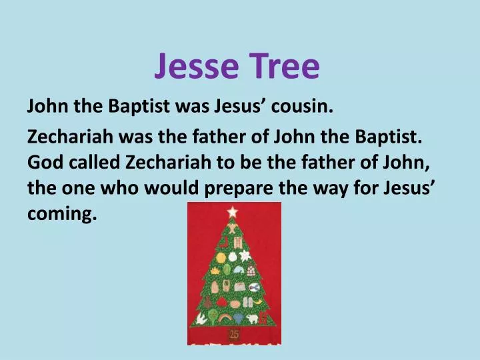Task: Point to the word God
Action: click(x=43, y=162)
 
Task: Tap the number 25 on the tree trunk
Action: click(x=234, y=333)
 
